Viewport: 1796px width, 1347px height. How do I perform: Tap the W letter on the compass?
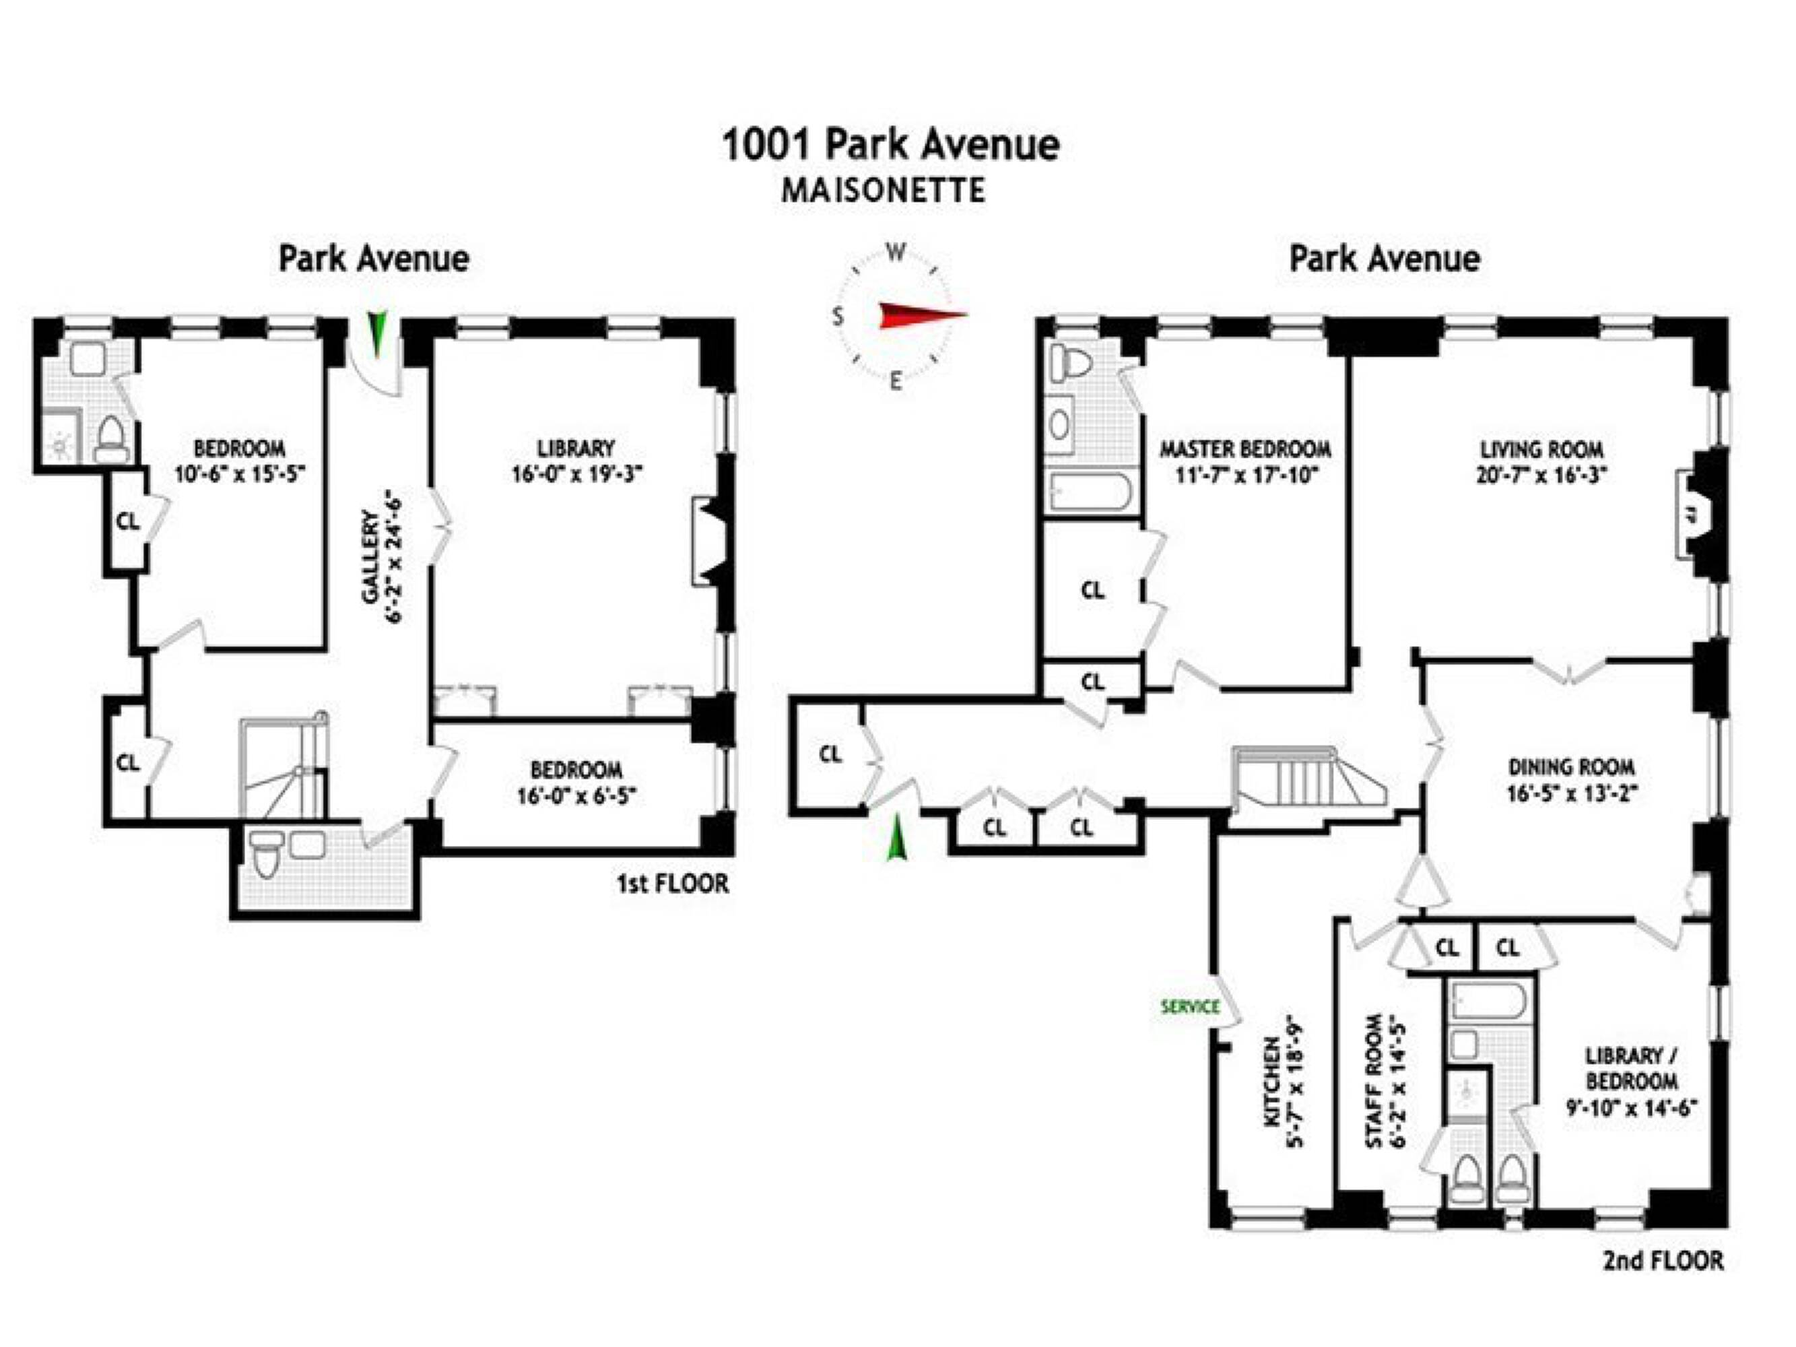pos(896,253)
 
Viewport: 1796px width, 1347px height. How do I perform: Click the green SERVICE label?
pos(1191,1007)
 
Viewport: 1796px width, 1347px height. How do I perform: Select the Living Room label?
pos(1541,449)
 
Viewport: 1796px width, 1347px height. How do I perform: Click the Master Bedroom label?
pos(1244,449)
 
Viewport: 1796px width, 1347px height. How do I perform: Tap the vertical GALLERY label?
pos(370,557)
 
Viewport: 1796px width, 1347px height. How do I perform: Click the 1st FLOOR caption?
pos(672,884)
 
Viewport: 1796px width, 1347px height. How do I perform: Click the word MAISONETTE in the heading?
pos(884,191)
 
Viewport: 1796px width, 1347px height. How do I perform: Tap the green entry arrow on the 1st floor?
pos(376,333)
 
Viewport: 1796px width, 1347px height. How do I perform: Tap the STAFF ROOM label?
pos(1374,1081)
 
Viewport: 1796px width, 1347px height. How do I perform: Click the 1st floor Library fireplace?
pos(710,542)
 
